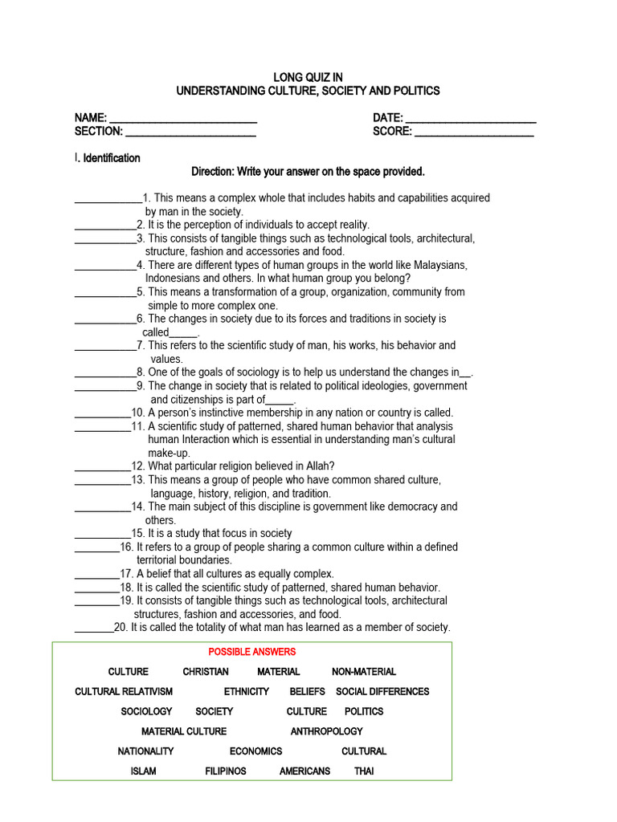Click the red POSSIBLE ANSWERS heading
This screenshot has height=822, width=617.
tap(252, 652)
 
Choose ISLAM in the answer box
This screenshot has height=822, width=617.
tap(144, 771)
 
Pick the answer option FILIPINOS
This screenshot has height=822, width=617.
tap(226, 771)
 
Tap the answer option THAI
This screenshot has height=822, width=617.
tap(364, 771)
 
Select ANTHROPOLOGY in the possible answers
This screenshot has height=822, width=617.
tap(326, 731)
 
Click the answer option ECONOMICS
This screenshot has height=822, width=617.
tap(255, 751)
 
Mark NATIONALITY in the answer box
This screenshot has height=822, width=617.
tap(145, 751)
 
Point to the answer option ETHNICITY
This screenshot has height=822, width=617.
tap(247, 691)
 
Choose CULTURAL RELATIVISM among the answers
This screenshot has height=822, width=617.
tap(124, 691)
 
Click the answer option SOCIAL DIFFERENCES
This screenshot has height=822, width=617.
tap(382, 691)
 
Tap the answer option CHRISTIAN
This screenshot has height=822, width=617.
tap(206, 672)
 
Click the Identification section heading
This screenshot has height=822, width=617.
tap(112, 158)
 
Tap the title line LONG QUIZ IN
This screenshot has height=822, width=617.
tap(308, 77)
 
